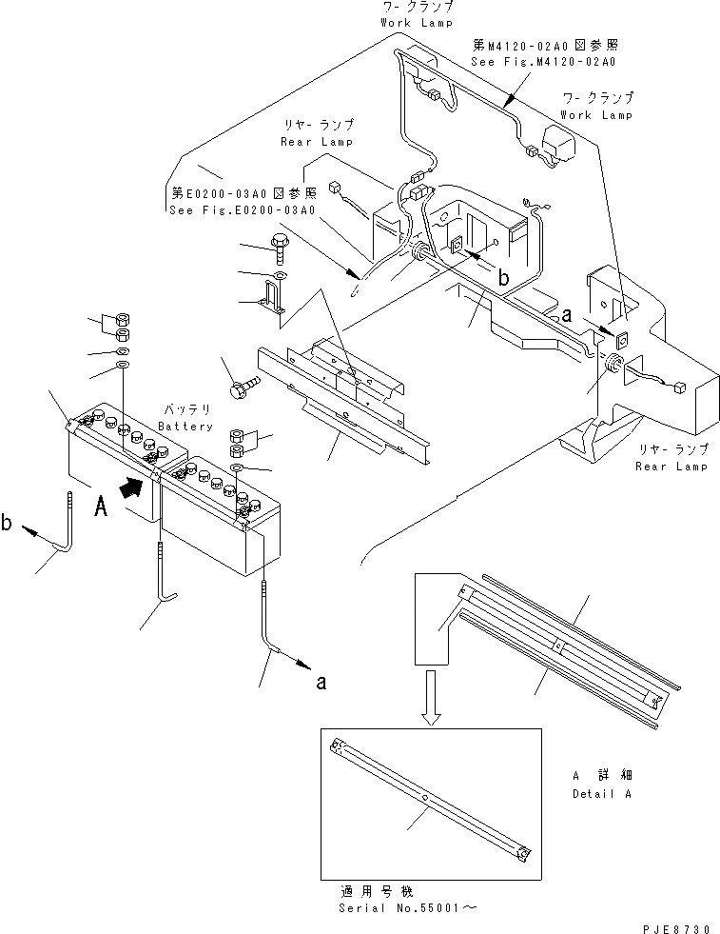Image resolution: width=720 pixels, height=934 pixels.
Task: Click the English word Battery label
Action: tap(185, 427)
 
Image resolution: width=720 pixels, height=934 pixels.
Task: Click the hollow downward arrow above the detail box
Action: tap(431, 697)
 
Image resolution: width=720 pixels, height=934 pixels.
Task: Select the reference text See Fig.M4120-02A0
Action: tap(543, 62)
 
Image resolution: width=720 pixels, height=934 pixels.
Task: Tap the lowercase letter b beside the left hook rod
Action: tap(8, 523)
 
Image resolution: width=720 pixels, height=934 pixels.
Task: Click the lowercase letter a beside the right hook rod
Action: tap(321, 682)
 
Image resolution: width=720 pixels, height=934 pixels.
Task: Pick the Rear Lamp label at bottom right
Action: tap(671, 467)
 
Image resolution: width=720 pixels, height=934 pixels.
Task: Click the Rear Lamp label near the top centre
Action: tap(316, 141)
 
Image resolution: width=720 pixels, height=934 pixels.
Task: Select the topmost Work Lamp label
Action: tap(416, 22)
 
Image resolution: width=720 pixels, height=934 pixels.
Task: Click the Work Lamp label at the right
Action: tap(596, 114)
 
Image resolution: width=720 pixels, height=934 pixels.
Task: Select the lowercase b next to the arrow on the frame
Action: tap(502, 276)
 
